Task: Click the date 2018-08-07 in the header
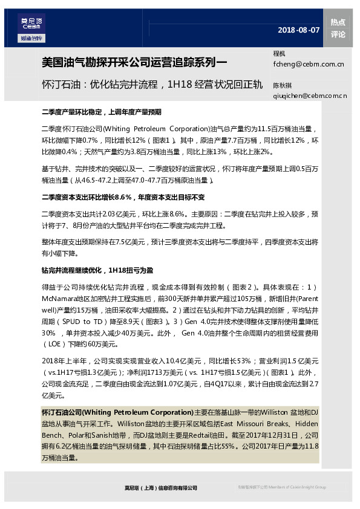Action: click(298, 30)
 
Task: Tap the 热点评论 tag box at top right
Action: click(338, 28)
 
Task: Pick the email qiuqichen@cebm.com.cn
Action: click(310, 96)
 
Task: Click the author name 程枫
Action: click(279, 54)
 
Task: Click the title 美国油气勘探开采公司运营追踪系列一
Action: click(134, 62)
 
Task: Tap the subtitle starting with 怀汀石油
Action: click(151, 84)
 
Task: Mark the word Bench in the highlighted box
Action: click(52, 434)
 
